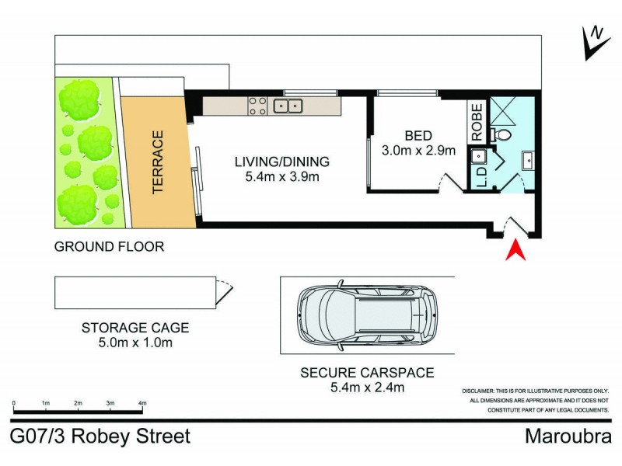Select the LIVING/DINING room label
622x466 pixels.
click(282, 162)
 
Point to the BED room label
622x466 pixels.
click(412, 134)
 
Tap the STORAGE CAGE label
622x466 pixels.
click(135, 328)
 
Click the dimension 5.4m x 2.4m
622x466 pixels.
click(367, 388)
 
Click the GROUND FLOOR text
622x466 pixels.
click(109, 247)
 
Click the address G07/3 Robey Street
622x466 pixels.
click(100, 436)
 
